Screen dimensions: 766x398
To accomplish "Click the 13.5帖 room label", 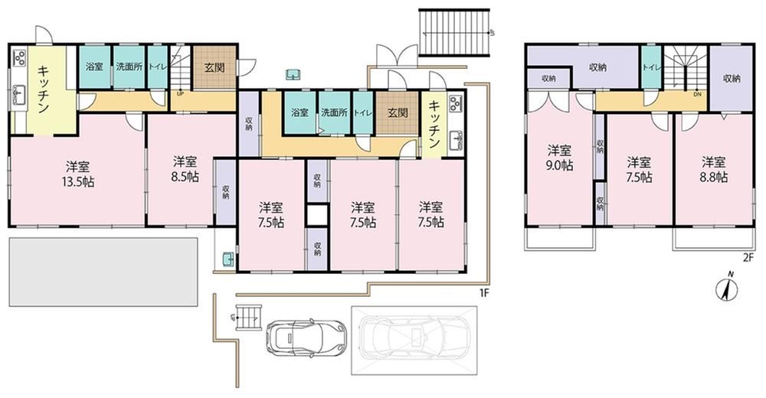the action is pyautogui.click(x=78, y=174).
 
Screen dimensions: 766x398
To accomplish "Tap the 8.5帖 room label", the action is pyautogui.click(x=185, y=168).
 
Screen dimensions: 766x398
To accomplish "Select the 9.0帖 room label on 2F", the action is pyautogui.click(x=560, y=157).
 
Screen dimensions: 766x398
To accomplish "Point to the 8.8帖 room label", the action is pyautogui.click(x=714, y=169).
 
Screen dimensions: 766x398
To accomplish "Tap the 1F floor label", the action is pyautogui.click(x=483, y=293).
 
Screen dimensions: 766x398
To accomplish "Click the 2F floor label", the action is pyautogui.click(x=748, y=259).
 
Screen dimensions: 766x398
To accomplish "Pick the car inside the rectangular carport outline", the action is pyautogui.click(x=414, y=340).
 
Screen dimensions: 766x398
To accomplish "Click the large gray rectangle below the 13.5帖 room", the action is pyautogui.click(x=103, y=272).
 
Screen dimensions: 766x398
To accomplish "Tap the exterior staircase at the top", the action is pyautogui.click(x=454, y=32).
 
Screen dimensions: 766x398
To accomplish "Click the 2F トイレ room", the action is pyautogui.click(x=651, y=68).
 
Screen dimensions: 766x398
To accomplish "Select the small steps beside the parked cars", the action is pyautogui.click(x=249, y=318).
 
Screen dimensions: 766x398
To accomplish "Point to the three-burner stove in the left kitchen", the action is pyautogui.click(x=19, y=57).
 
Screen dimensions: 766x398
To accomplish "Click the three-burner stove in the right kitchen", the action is pyautogui.click(x=455, y=103).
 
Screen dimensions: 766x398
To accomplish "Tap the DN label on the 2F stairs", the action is pyautogui.click(x=697, y=94).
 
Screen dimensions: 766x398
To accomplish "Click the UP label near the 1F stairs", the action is pyautogui.click(x=180, y=94).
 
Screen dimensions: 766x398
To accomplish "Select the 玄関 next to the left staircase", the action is pyautogui.click(x=214, y=67).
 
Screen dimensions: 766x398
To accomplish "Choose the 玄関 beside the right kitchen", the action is pyautogui.click(x=398, y=113).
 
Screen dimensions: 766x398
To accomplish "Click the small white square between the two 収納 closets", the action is pyautogui.click(x=316, y=215).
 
